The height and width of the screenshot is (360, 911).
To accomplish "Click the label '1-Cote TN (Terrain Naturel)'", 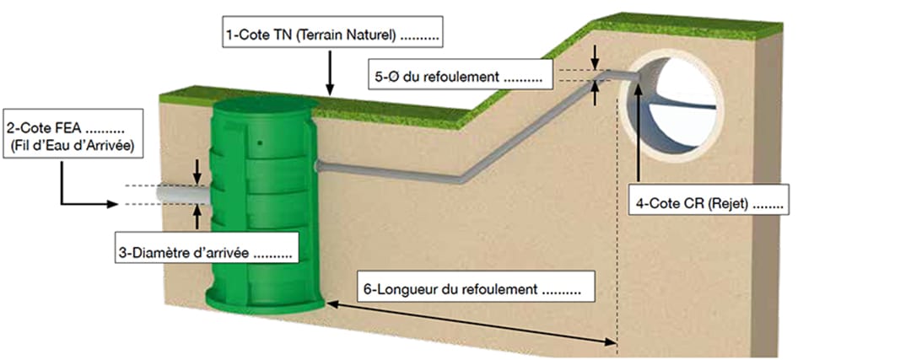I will [x=333, y=37].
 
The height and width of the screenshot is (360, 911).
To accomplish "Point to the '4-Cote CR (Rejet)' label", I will [x=709, y=204].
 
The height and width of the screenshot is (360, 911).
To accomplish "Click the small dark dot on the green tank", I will [x=259, y=142].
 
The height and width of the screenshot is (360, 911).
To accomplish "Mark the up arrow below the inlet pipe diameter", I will [x=197, y=218].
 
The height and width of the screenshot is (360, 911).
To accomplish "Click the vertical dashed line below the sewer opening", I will [x=618, y=253].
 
